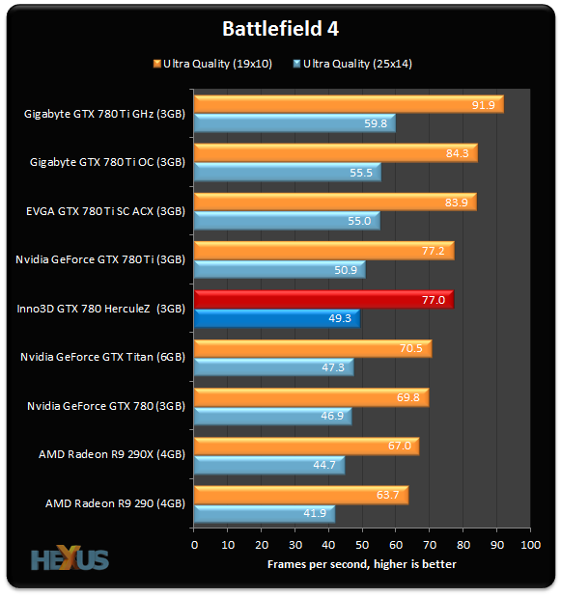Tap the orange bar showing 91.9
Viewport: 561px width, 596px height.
[348, 104]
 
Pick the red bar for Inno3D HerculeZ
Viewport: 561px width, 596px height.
[323, 301]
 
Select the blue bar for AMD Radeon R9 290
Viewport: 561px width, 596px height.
[264, 513]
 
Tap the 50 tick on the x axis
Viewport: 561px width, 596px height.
[363, 546]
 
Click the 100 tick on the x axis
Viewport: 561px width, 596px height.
[530, 546]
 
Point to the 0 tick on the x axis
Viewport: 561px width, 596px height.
[195, 546]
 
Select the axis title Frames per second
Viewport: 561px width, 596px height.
[362, 564]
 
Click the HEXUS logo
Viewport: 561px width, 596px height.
[70, 559]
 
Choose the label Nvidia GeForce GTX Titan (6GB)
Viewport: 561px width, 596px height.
[102, 357]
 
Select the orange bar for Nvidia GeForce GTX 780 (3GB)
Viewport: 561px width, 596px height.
[311, 397]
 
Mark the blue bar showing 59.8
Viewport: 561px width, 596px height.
[294, 123]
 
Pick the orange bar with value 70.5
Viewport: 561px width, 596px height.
[312, 348]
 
